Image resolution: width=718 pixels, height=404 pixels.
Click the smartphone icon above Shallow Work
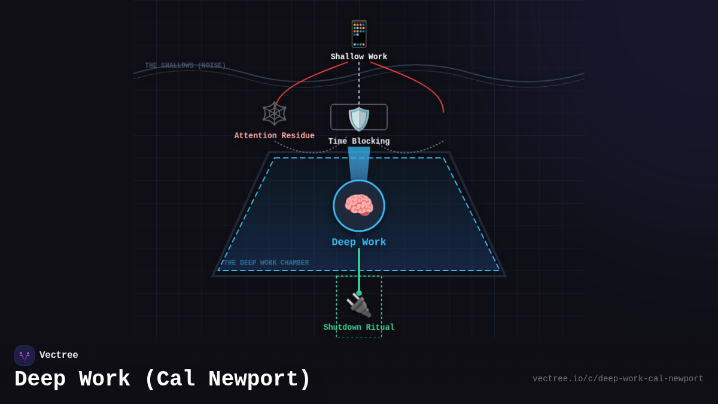coord(359,34)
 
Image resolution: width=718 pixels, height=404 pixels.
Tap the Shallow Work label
coord(359,57)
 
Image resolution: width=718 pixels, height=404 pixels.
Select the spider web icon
coord(274,113)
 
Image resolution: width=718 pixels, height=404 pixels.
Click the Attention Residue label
coord(274,136)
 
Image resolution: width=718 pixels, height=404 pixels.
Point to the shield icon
coord(359,119)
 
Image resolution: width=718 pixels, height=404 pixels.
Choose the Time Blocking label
coord(359,142)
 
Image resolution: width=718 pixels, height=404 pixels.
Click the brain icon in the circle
coord(359,206)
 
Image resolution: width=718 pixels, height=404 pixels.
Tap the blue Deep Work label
coord(359,242)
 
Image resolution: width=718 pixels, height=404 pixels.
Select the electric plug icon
coord(359,305)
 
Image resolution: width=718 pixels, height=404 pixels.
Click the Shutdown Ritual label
coord(359,327)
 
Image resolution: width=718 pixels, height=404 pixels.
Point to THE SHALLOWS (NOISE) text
coord(185,66)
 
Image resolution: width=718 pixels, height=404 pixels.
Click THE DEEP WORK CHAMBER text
coord(266,263)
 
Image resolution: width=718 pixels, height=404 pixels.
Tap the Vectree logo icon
coord(25,356)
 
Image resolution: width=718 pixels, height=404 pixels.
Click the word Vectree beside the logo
coord(59,356)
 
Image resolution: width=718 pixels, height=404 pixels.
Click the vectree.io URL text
coord(617,379)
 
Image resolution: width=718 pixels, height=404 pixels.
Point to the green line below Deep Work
coord(359,269)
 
